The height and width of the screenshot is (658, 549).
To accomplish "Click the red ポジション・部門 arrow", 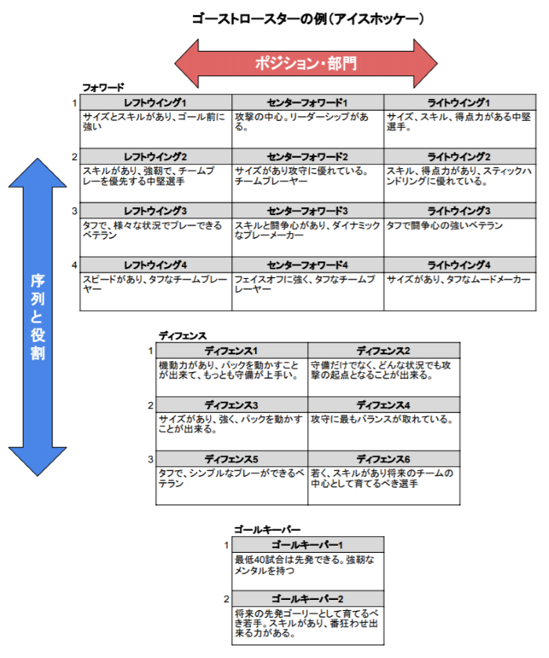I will [306, 64].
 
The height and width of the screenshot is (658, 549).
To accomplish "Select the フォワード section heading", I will [104, 87].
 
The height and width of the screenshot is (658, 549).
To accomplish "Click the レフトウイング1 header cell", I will [156, 103].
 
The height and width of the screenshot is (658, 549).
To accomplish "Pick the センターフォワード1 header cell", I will [307, 103].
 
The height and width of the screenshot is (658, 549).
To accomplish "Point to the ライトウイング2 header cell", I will [459, 157].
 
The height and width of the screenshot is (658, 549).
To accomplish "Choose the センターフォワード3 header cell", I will [307, 211].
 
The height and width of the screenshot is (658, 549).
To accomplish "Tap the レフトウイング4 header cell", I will [156, 265].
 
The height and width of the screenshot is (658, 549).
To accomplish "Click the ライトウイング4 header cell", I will [459, 265].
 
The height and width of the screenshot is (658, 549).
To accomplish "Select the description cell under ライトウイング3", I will [459, 236].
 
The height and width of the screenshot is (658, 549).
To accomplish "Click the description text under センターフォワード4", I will [307, 284].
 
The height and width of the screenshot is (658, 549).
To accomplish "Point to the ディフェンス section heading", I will [183, 335].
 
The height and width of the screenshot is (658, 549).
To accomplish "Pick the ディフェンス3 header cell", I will [231, 405].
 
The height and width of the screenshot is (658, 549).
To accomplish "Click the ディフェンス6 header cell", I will [384, 459].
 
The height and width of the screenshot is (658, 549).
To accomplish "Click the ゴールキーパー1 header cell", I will [307, 545].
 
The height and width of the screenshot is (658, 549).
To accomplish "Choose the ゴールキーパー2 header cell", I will [307, 599].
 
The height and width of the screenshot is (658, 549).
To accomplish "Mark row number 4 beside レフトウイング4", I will [75, 265].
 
